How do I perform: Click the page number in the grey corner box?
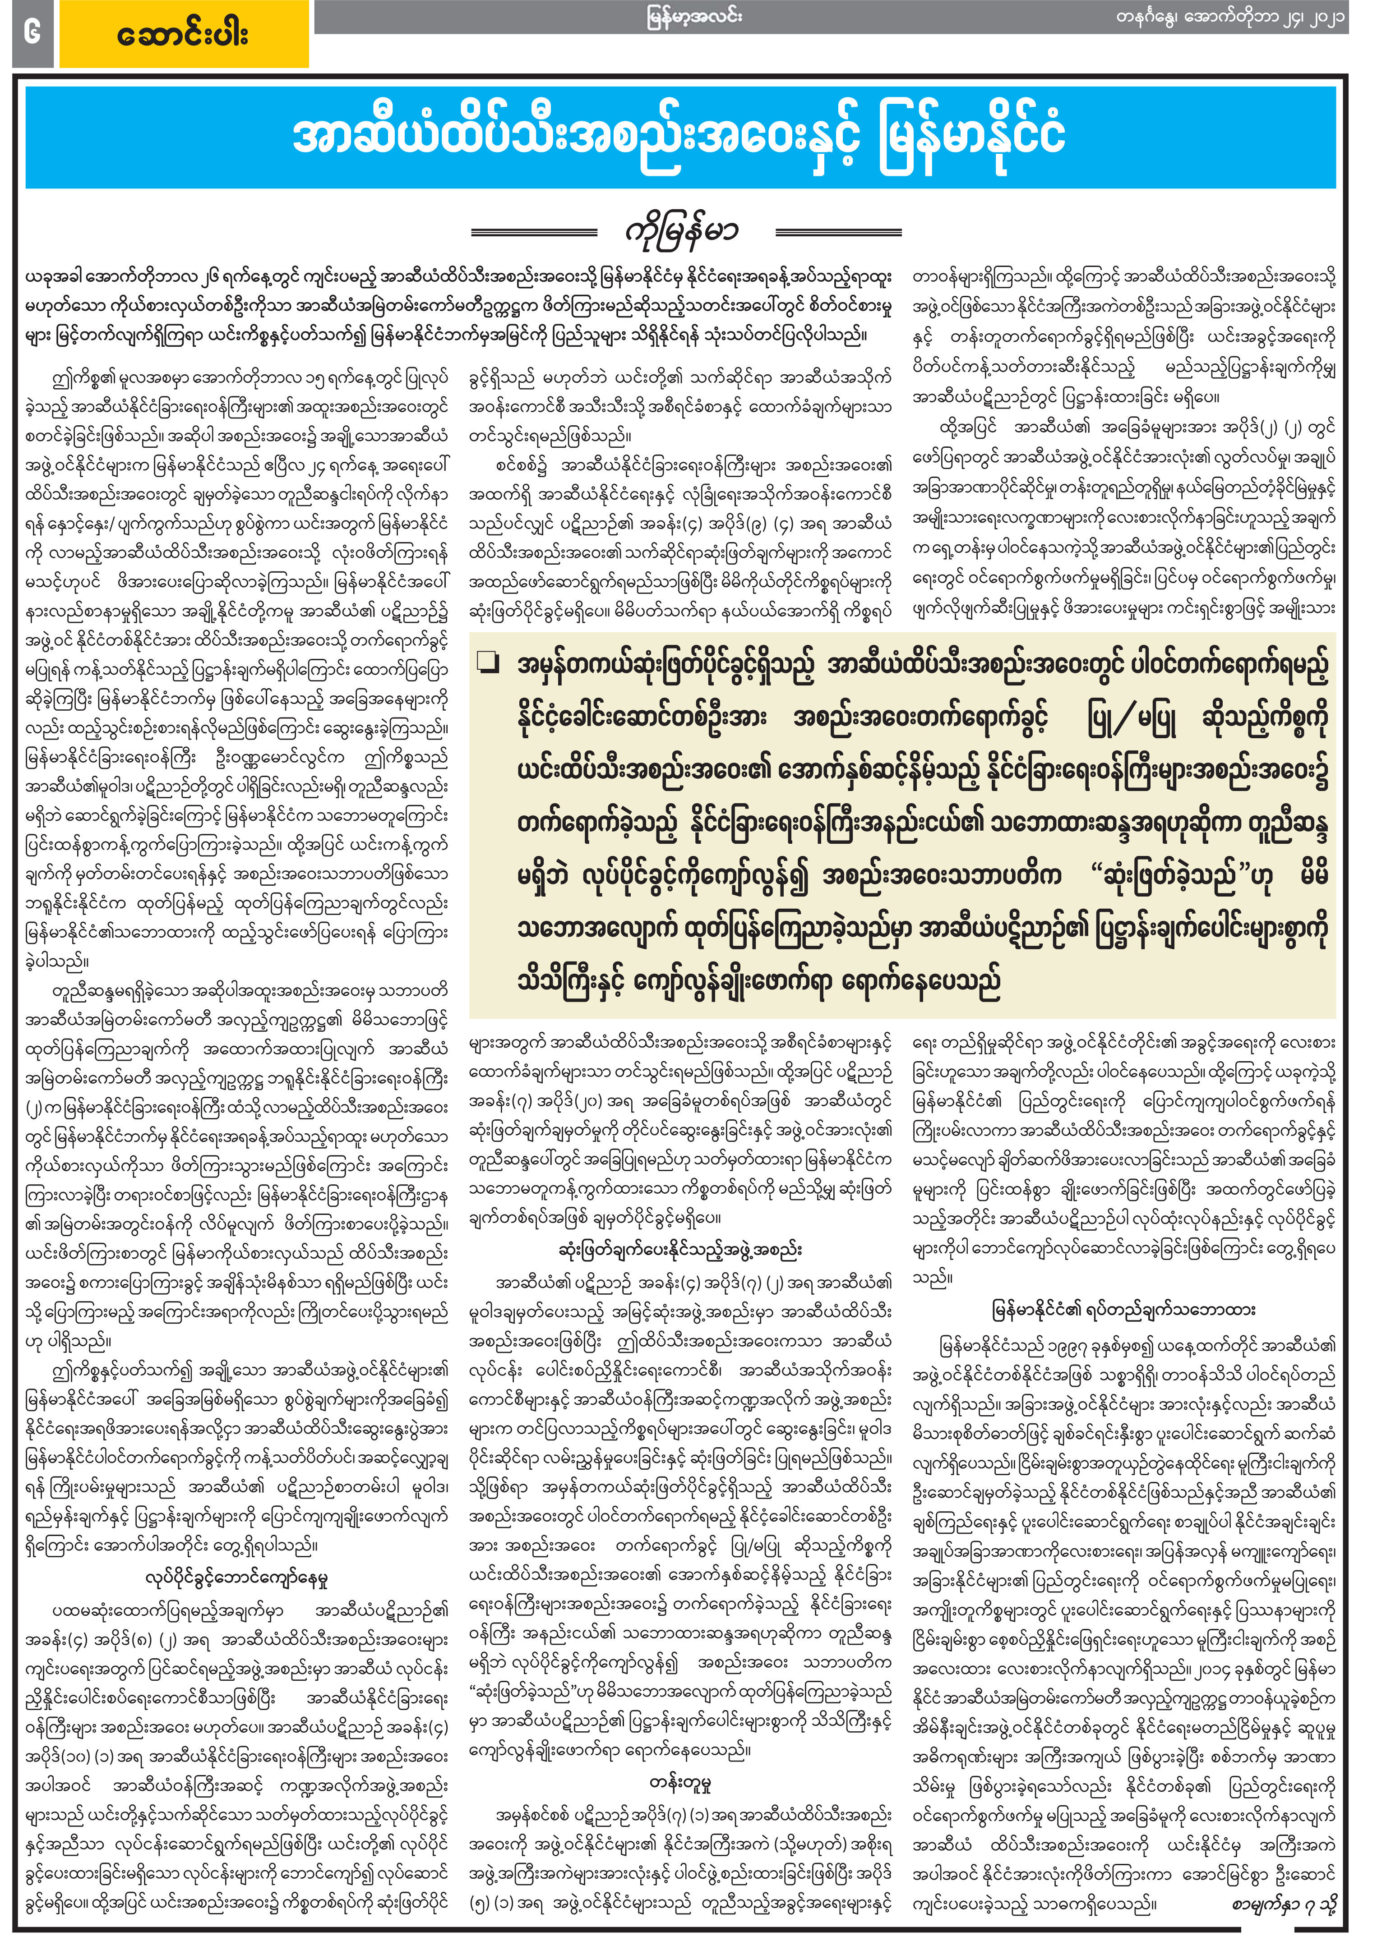32,32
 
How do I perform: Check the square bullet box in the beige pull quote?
488,663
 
